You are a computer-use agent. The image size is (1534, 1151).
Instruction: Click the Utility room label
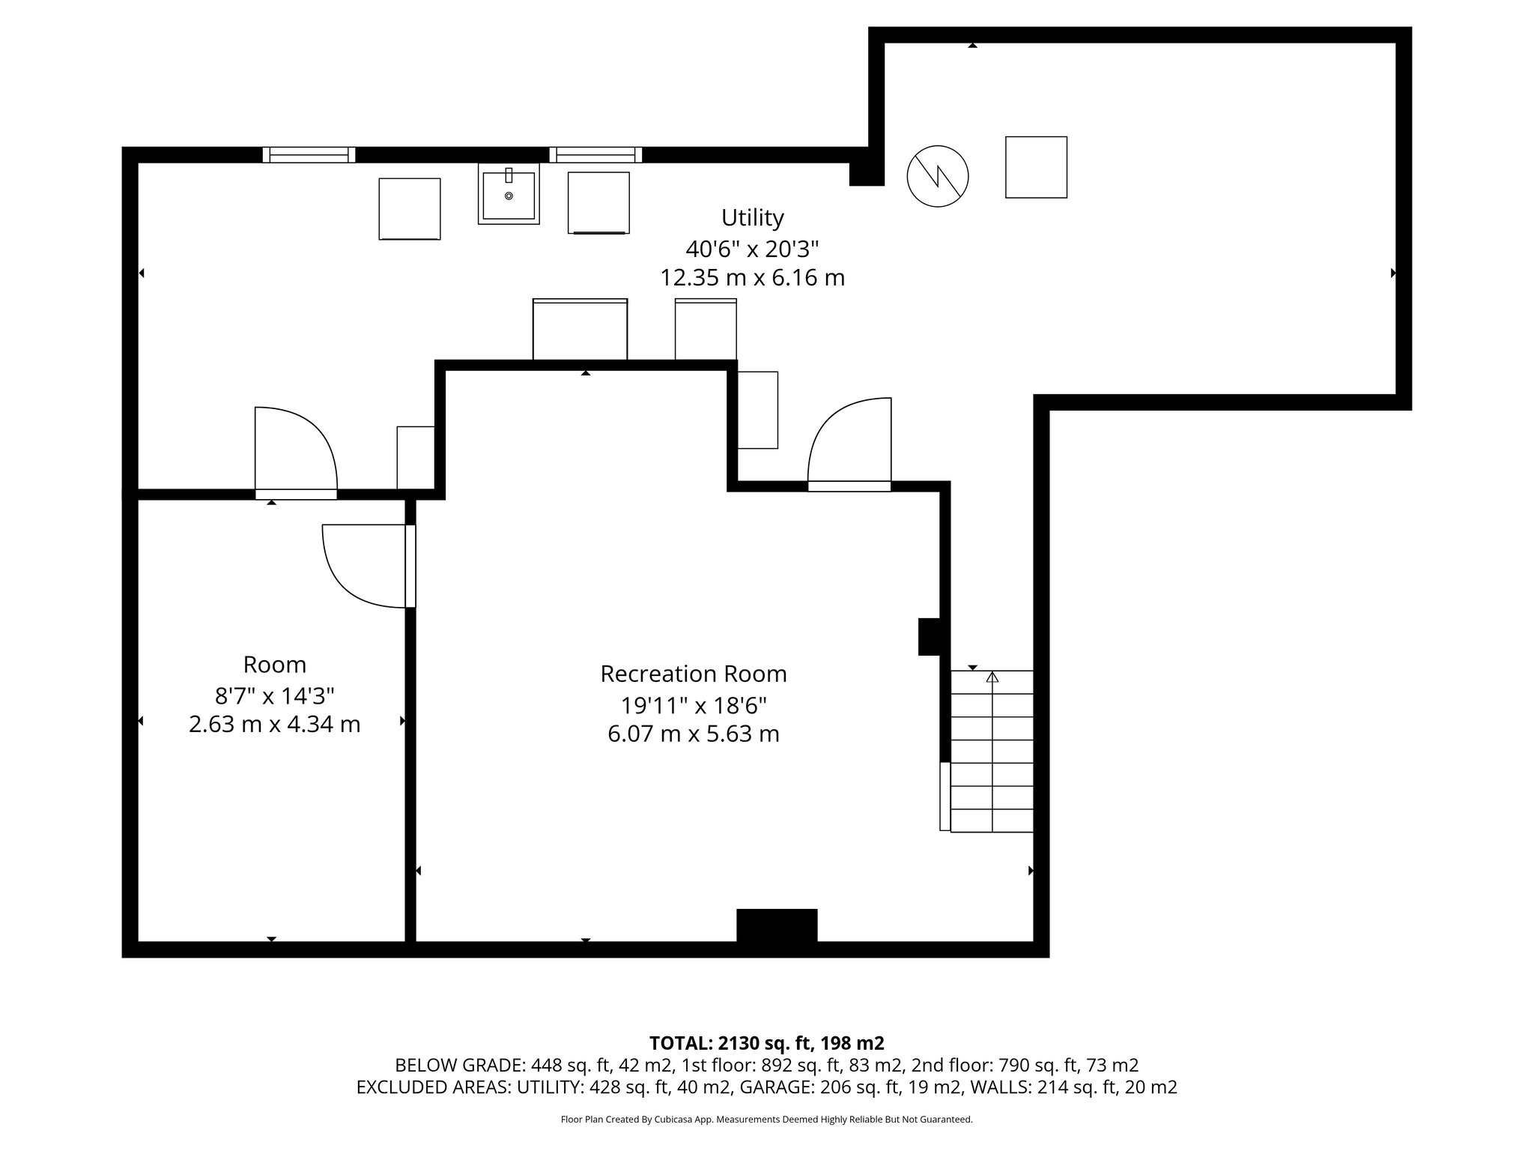pos(752,217)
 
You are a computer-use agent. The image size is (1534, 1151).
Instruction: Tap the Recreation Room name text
pos(693,674)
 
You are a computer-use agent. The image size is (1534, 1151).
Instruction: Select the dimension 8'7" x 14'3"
pos(274,696)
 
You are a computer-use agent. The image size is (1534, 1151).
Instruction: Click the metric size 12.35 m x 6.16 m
pos(752,278)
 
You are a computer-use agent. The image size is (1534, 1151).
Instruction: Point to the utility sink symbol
pos(509,193)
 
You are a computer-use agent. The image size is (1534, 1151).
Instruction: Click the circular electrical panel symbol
pos(937,176)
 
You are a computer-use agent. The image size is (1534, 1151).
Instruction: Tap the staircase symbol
pos(992,751)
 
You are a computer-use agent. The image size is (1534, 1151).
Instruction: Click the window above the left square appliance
pos(309,154)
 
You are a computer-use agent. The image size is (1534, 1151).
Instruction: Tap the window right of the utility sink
pos(595,154)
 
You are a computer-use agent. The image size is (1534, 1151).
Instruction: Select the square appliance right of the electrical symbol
pos(1036,167)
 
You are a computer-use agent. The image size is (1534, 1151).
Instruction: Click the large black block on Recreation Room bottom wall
pos(777,928)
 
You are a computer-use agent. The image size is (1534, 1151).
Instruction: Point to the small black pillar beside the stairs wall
pos(929,636)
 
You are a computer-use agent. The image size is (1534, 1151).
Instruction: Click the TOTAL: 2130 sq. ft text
pos(766,1043)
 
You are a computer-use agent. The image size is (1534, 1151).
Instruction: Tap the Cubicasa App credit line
pos(766,1120)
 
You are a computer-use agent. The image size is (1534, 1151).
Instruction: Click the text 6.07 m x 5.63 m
pos(693,734)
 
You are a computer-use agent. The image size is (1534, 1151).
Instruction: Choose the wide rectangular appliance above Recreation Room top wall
pos(580,330)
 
